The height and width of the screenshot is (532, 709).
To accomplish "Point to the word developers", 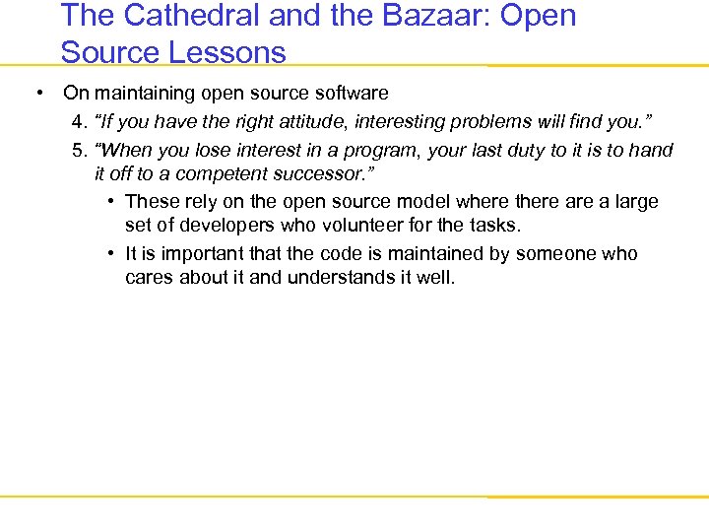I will coord(221,227).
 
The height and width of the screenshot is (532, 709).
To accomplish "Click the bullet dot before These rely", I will coord(114,202).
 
